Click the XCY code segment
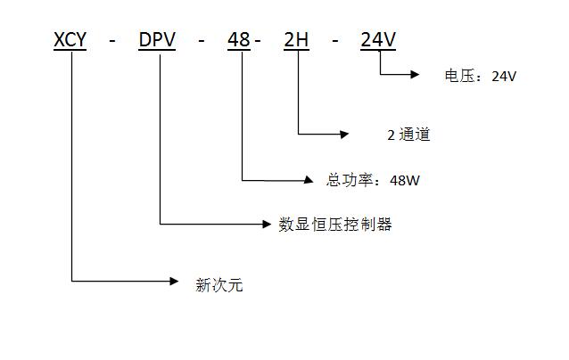point(70,40)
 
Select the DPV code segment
point(159,40)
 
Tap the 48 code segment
point(239,40)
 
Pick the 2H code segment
point(295,40)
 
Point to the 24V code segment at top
point(378,40)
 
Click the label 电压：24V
point(480,76)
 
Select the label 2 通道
point(408,135)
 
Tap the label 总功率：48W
point(373,180)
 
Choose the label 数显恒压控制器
point(335,225)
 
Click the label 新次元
point(219,285)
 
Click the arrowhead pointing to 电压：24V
point(414,75)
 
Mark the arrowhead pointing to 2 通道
point(345,135)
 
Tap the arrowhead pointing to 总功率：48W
point(311,180)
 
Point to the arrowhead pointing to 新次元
point(175,282)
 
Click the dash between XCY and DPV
point(112,41)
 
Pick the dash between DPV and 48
point(202,41)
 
